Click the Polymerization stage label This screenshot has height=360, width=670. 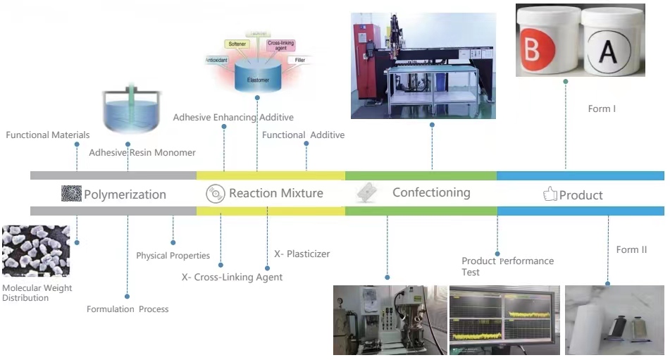[x=125, y=194]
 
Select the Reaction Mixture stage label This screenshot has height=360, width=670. [x=275, y=193]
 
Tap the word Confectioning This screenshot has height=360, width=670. [x=431, y=192]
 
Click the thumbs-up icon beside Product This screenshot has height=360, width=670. [x=550, y=194]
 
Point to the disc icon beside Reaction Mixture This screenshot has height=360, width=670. [x=215, y=193]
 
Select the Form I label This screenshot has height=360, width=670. [x=602, y=109]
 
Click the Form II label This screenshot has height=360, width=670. [x=631, y=250]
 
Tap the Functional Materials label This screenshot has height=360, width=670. [x=48, y=135]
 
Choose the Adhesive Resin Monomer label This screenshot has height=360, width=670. [x=142, y=152]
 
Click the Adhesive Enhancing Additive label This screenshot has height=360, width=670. [x=233, y=118]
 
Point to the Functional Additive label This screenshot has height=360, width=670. [x=303, y=135]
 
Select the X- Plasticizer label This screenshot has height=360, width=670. [x=302, y=254]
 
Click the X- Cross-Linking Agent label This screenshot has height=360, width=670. [x=232, y=278]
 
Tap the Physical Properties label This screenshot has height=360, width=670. [x=173, y=256]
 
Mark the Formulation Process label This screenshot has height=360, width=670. [x=128, y=309]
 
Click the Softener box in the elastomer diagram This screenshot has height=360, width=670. [x=237, y=44]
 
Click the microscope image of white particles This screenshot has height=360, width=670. [x=36, y=251]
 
